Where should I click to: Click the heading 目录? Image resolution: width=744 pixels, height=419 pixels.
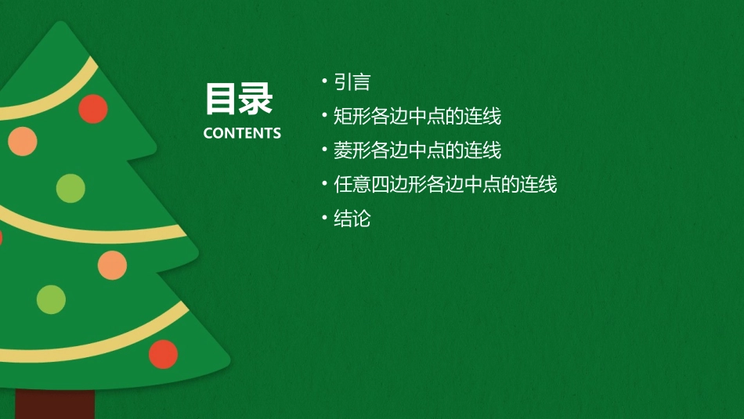239,99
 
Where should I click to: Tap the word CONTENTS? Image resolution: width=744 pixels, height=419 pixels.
242,133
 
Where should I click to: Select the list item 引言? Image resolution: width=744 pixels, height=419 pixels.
352,82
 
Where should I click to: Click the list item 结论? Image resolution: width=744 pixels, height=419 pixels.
352,219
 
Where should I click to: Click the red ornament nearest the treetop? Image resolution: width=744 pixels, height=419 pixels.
92,109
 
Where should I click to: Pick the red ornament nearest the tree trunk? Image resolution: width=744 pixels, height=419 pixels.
163,354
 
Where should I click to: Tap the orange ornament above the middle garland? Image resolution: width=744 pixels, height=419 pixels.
23,140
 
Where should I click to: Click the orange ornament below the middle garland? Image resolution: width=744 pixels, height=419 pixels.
112,265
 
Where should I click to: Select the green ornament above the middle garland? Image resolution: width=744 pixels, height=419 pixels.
70,188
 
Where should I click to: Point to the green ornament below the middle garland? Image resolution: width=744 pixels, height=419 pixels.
51,299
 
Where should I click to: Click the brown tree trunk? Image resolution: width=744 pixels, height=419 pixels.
55,403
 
